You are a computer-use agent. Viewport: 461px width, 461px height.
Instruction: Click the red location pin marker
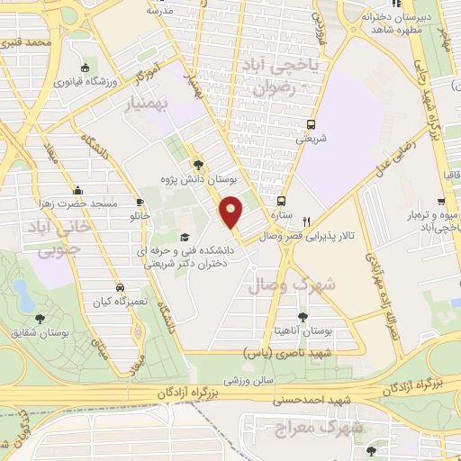(x=231, y=212)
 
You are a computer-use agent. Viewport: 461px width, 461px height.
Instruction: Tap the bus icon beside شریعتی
(x=311, y=125)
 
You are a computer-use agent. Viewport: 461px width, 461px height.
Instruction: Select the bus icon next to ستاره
(x=282, y=202)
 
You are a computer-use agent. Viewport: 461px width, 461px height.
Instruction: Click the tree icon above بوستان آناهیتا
(x=303, y=315)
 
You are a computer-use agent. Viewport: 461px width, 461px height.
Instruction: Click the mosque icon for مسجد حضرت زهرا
(x=78, y=190)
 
